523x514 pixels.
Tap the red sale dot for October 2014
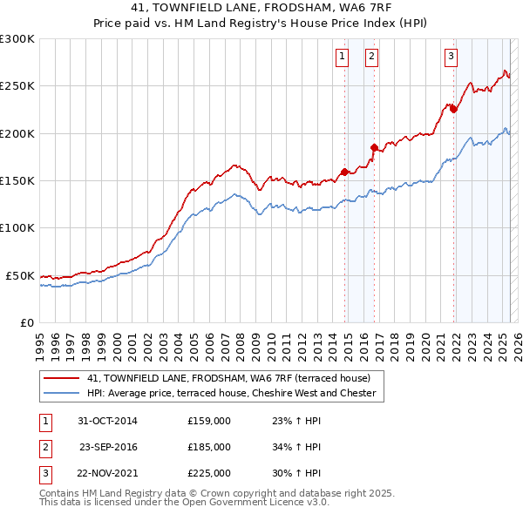click(344, 172)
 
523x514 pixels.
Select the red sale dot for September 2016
click(374, 147)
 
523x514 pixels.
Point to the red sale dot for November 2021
click(453, 109)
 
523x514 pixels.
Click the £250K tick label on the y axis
click(17, 86)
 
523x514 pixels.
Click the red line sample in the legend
click(61, 378)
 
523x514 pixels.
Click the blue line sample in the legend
click(61, 394)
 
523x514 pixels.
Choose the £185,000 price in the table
click(208, 447)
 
